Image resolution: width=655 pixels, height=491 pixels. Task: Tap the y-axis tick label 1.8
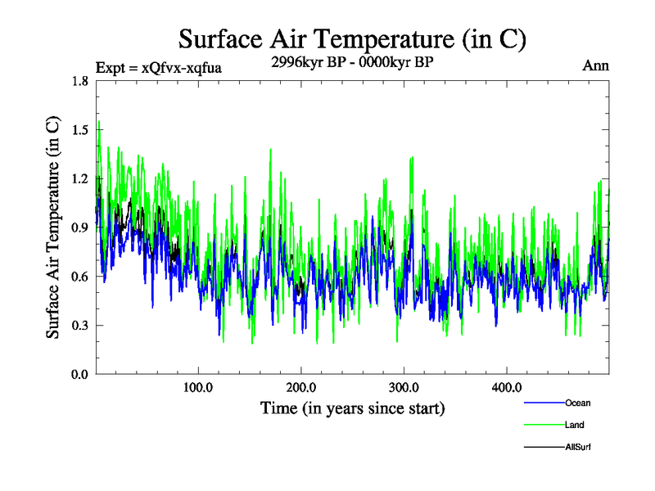point(79,80)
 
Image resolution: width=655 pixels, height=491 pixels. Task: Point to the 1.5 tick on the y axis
point(79,129)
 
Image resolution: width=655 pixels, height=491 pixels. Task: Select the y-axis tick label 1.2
point(79,178)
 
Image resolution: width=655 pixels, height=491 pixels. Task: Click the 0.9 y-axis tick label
point(79,227)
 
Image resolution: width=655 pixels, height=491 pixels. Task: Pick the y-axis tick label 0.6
point(79,277)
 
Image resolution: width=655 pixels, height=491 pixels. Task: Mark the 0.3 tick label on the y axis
point(79,326)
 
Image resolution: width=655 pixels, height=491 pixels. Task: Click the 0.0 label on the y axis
point(79,375)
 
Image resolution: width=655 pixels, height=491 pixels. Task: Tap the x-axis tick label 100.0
point(198,387)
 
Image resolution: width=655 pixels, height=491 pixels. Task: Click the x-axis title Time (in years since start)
point(352,407)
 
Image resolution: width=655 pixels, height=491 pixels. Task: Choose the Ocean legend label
point(577,403)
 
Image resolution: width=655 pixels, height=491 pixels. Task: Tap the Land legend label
point(574,425)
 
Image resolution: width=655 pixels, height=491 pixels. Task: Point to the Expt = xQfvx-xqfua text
point(159,67)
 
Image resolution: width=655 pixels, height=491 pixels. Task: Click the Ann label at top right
point(595,65)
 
